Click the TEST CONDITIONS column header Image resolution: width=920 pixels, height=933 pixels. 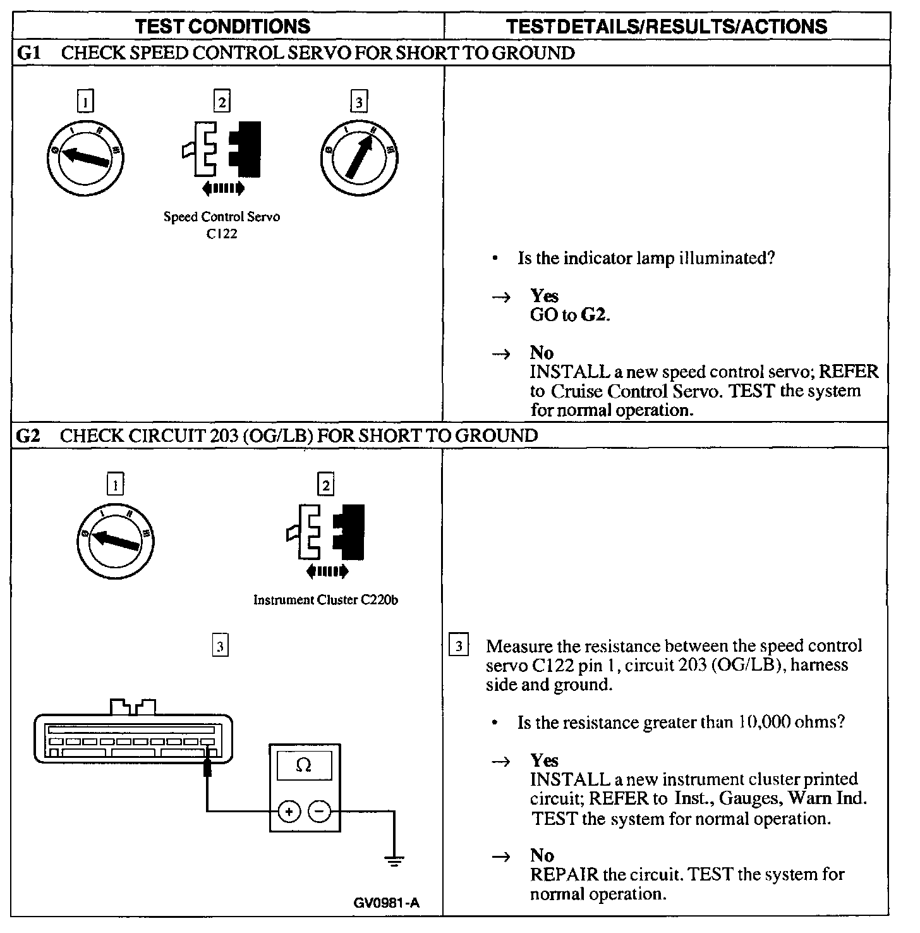tap(224, 26)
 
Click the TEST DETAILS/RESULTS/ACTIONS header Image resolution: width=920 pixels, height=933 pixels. tap(667, 26)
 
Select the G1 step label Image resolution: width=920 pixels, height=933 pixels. tap(28, 53)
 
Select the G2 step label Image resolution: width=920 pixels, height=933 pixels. tap(28, 436)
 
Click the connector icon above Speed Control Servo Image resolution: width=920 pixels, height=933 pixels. tap(221, 150)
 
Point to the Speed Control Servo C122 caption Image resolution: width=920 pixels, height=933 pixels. tap(222, 224)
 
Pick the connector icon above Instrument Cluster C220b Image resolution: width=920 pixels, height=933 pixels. tap(326, 531)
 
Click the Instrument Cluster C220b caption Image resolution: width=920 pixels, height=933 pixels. tap(325, 600)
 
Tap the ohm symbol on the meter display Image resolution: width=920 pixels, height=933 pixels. tap(304, 765)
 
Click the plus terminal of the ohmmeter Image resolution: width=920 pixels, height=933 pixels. tap(289, 810)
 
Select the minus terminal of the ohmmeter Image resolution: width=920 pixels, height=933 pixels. tap(320, 810)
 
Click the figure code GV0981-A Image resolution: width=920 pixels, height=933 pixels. tap(387, 903)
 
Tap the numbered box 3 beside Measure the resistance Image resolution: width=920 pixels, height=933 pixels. tap(459, 646)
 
